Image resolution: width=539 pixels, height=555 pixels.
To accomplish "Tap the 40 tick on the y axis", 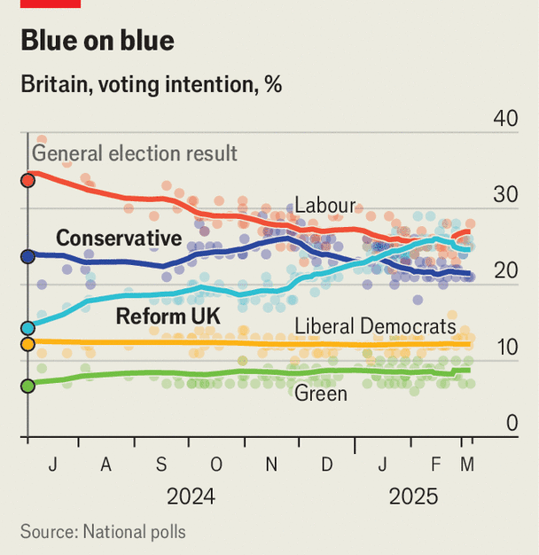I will click(x=505, y=119).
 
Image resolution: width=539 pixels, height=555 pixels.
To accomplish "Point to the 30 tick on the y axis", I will click(x=505, y=196).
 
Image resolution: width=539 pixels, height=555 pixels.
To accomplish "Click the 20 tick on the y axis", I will click(x=505, y=272).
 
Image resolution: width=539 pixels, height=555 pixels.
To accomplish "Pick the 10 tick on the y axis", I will click(x=505, y=348).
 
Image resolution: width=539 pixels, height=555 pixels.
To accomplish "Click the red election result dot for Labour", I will click(x=27, y=178).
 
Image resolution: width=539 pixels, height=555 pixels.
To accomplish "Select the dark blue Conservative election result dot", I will click(x=27, y=256).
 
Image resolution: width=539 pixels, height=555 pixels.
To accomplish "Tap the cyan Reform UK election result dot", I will click(x=27, y=328).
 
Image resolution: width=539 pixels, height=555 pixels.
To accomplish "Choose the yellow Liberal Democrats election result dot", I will click(x=27, y=344).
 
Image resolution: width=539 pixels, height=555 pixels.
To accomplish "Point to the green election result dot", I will click(x=27, y=385).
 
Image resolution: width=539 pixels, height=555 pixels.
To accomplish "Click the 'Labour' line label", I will click(x=324, y=206).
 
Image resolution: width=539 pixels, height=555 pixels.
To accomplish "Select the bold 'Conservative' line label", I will click(x=119, y=238).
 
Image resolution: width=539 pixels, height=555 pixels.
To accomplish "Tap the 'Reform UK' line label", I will click(x=168, y=316).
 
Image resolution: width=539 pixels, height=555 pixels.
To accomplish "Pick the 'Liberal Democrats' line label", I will click(x=375, y=326).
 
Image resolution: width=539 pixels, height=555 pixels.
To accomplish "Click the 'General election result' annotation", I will click(x=135, y=153).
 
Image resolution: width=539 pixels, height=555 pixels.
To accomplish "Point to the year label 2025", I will click(x=413, y=497).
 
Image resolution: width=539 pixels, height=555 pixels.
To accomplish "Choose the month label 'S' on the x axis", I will click(x=160, y=465).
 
